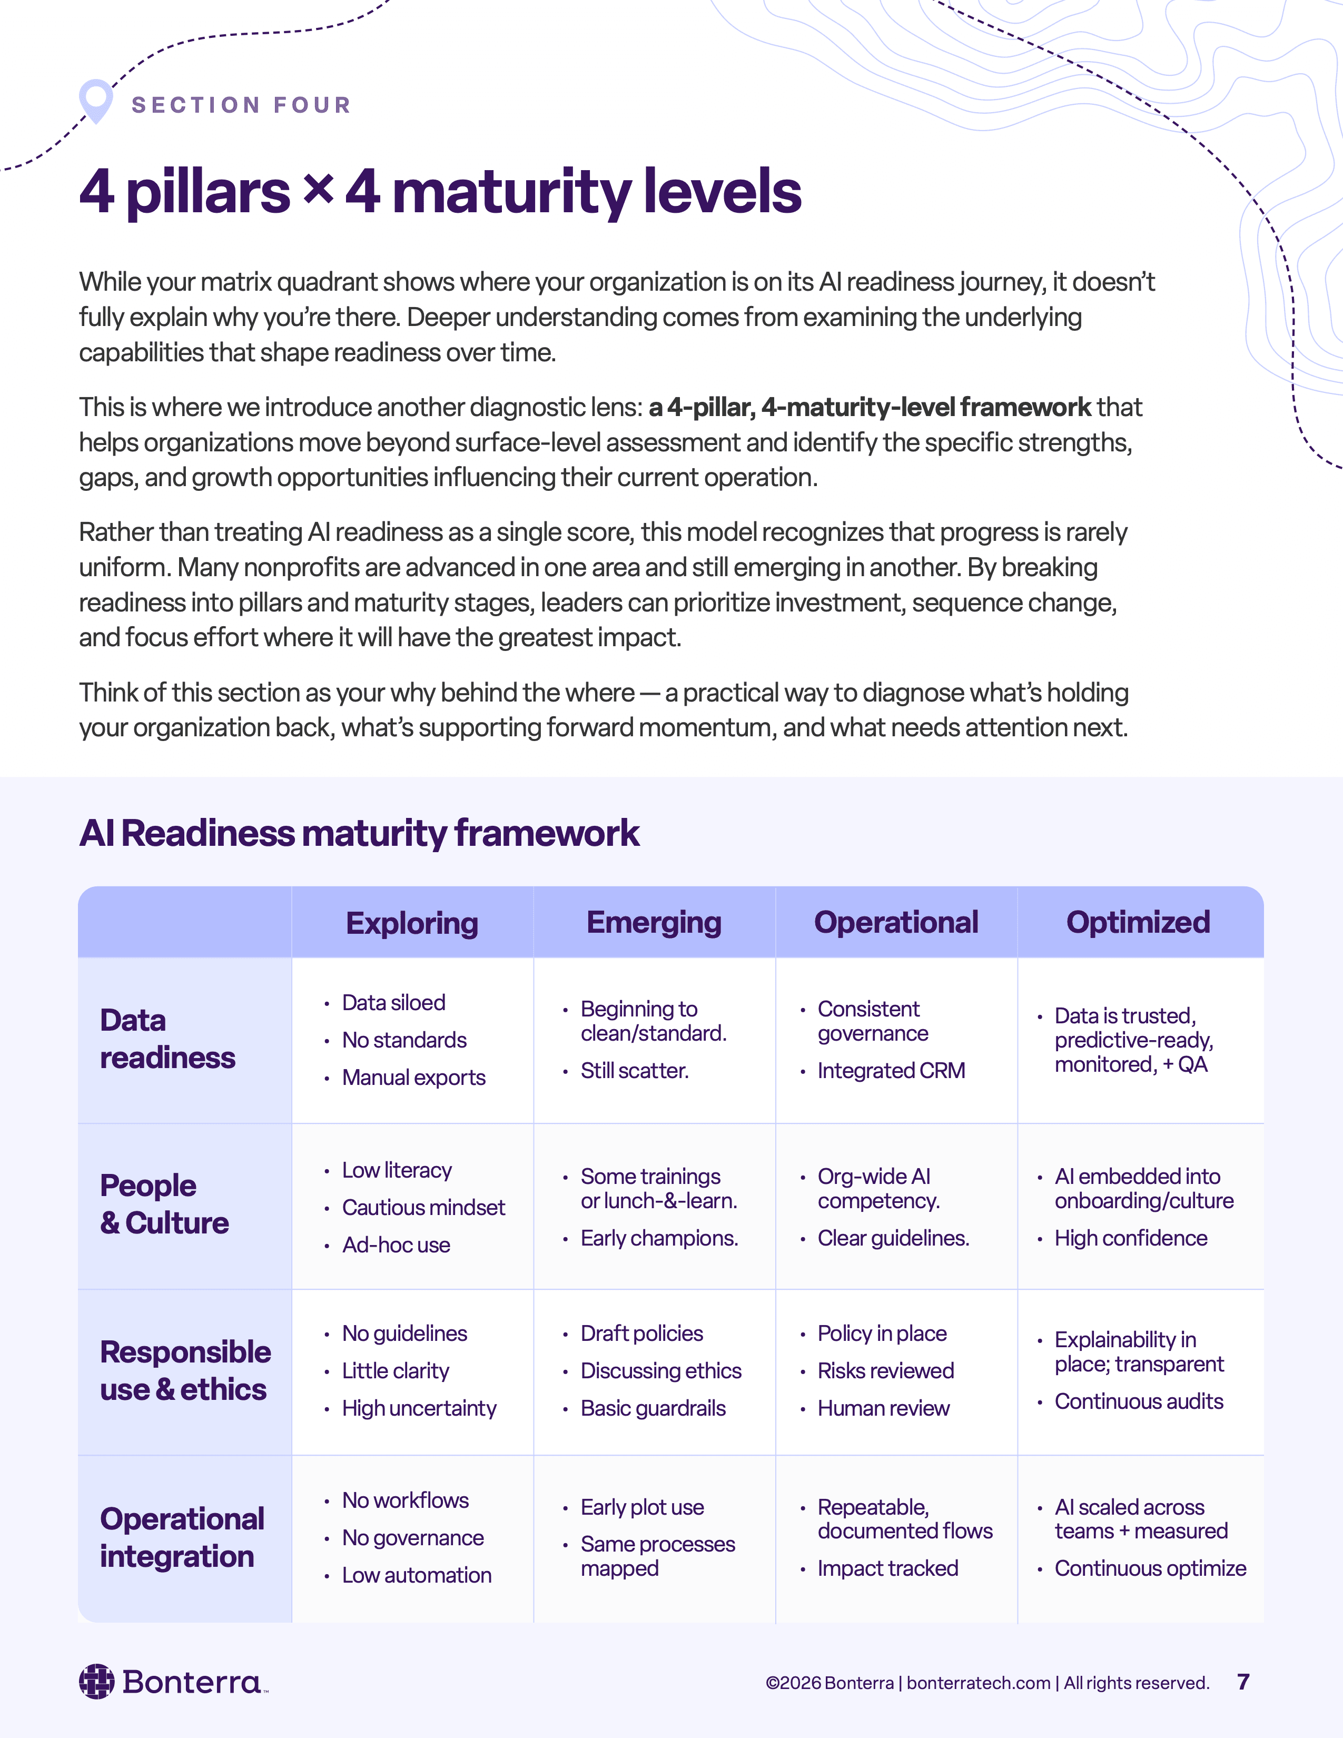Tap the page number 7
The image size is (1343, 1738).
(x=1243, y=1682)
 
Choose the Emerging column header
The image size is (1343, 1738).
(x=654, y=922)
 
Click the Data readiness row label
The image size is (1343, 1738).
(x=167, y=1039)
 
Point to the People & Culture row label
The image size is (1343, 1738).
(x=164, y=1204)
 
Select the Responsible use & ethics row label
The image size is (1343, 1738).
(x=184, y=1370)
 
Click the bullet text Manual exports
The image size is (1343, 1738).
(x=414, y=1078)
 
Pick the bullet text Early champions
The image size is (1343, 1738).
(x=659, y=1238)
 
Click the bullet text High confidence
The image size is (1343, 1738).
(x=1131, y=1238)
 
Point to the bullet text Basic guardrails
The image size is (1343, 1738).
(x=653, y=1408)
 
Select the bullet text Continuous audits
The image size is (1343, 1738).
(x=1139, y=1401)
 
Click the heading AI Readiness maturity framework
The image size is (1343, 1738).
(x=359, y=833)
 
